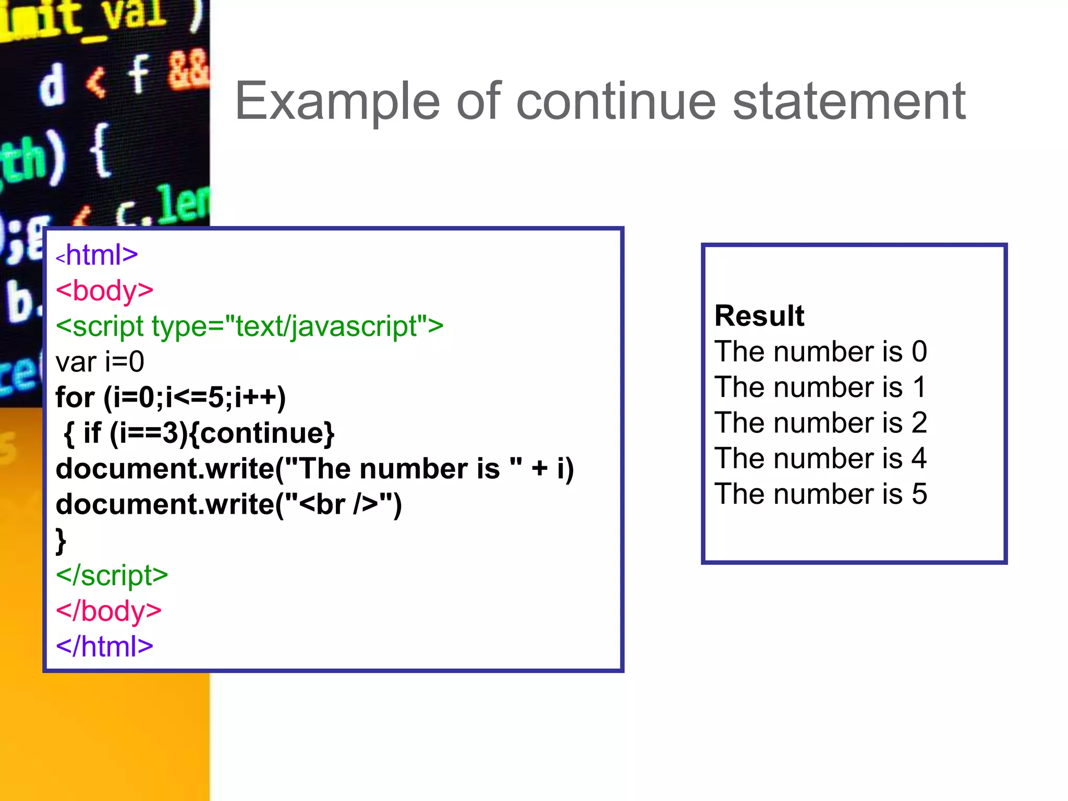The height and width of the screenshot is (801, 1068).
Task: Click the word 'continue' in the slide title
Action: tap(616, 101)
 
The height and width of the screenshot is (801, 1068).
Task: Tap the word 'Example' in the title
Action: tap(338, 101)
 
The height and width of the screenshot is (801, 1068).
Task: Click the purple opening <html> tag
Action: tap(97, 255)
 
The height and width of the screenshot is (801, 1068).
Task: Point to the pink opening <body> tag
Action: tap(104, 290)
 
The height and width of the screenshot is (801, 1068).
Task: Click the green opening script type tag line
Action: tap(249, 326)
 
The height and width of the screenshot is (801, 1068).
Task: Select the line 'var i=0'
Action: tap(100, 362)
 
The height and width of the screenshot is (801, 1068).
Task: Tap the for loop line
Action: tap(171, 397)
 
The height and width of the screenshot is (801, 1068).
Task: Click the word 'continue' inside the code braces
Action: tap(262, 433)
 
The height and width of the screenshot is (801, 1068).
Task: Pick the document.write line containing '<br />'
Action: tap(228, 504)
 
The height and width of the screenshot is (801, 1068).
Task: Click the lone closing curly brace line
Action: tap(61, 540)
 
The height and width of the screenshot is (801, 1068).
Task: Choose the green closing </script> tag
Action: tap(112, 575)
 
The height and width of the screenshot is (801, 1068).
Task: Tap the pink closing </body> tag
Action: tap(108, 611)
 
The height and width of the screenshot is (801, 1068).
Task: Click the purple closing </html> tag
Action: tap(104, 646)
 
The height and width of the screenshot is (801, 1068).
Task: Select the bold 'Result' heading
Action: tap(759, 315)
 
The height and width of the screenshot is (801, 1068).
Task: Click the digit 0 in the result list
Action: tap(919, 351)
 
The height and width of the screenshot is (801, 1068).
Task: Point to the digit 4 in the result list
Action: tap(919, 458)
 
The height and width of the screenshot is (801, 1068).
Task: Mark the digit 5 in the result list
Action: tap(919, 494)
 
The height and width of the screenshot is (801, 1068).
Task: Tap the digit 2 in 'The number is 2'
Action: tap(919, 422)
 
